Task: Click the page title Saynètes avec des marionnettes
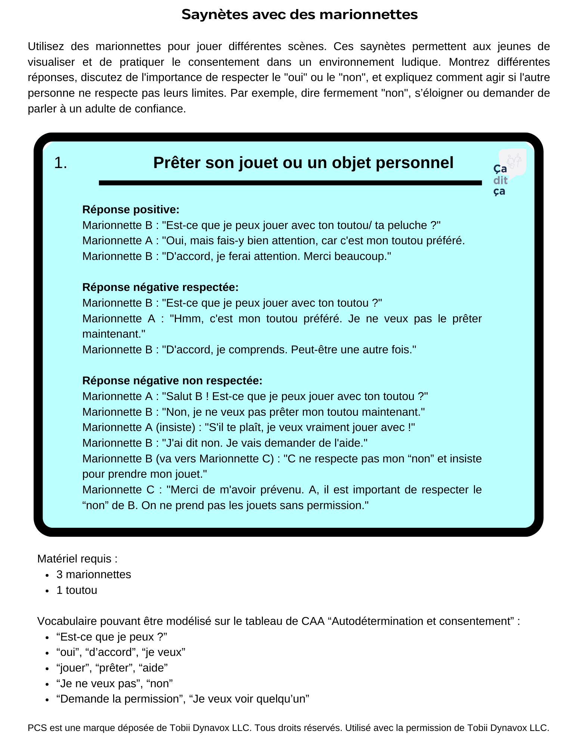point(300,15)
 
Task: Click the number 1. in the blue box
point(61,163)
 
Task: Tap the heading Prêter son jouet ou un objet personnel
point(303,163)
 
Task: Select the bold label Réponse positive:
point(131,210)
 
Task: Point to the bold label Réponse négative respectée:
point(160,287)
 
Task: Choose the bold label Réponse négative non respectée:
point(172,381)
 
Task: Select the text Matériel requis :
point(77,559)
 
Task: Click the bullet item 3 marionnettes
point(94,574)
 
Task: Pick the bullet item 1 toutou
point(77,590)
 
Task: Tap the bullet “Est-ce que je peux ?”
point(112,637)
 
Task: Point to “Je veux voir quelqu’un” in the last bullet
point(249,699)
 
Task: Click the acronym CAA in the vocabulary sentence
point(313,621)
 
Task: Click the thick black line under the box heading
point(290,183)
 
